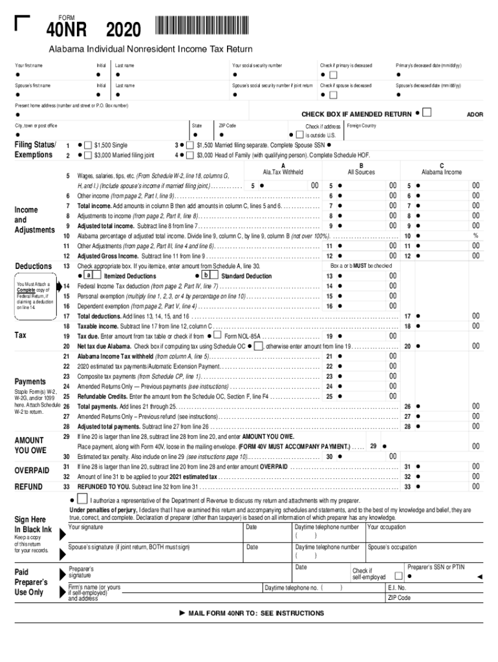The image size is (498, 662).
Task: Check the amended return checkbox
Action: point(427,114)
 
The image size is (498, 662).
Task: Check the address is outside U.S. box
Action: point(299,135)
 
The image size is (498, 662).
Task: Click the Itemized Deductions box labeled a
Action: point(87,276)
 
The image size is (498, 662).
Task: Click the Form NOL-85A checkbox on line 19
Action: point(217,336)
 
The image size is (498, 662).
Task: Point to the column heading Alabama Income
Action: point(441,172)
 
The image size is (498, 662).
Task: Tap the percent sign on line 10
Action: point(475,236)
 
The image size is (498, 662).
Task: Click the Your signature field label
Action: point(85,528)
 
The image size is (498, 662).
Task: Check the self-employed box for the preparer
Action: point(398,575)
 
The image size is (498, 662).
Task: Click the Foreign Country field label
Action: point(362,125)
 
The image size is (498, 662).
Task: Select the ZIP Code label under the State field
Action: point(227,125)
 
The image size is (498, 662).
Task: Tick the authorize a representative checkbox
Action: point(82,500)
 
